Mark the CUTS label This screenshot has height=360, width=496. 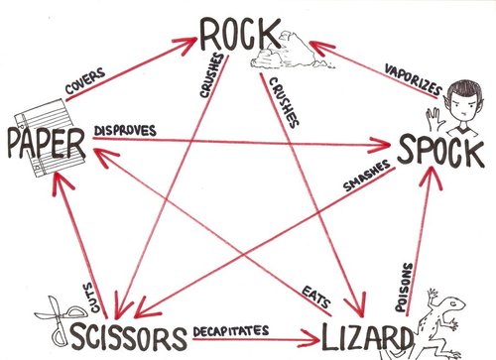(87, 271)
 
